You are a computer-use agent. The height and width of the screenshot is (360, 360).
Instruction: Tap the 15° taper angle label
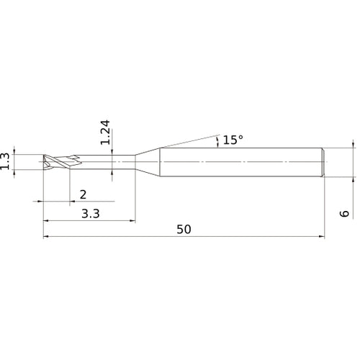pos(233,140)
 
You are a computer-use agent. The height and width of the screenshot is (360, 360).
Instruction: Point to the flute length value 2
pos(83,194)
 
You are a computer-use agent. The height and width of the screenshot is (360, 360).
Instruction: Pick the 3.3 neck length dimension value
pos(90,214)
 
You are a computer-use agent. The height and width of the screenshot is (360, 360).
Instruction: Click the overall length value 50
pos(184,230)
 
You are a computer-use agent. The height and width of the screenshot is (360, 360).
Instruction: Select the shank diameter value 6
pos(345,214)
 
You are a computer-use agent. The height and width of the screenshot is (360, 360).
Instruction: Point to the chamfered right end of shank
pos(324,162)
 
